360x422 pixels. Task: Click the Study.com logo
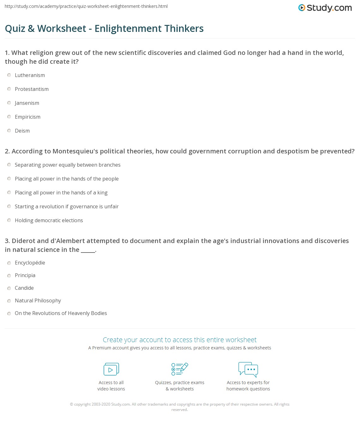click(x=325, y=8)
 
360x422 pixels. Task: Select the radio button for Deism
click(x=9, y=131)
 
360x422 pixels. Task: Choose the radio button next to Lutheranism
click(x=9, y=75)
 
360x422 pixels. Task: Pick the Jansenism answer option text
click(x=27, y=103)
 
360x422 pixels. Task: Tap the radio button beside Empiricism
click(x=9, y=117)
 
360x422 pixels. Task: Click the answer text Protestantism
click(x=32, y=89)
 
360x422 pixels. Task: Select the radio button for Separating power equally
click(x=9, y=165)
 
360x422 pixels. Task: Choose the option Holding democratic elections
click(x=49, y=220)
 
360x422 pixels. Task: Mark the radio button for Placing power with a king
click(x=9, y=193)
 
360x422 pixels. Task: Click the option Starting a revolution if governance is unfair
click(x=67, y=206)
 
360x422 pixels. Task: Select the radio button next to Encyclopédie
click(x=9, y=263)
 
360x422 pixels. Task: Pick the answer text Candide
click(x=24, y=288)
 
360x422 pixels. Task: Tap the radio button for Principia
click(x=9, y=276)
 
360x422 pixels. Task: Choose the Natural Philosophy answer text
click(x=38, y=300)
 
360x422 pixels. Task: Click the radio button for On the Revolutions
click(x=9, y=313)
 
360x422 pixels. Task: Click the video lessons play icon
click(x=111, y=369)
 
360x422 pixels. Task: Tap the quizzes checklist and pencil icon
click(x=180, y=369)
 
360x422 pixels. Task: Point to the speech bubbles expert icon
click(x=248, y=369)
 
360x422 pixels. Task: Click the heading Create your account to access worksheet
click(x=180, y=340)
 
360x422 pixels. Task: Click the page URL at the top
click(x=86, y=6)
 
